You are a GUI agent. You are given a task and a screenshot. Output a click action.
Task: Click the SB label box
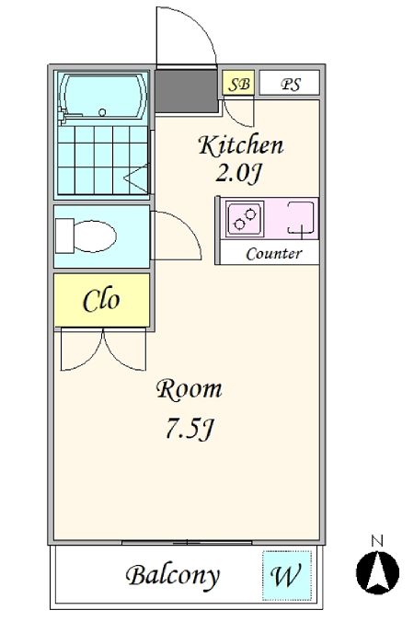coord(238,83)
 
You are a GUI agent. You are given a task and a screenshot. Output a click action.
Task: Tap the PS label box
coord(289,83)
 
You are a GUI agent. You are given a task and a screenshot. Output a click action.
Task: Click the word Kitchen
coord(241,145)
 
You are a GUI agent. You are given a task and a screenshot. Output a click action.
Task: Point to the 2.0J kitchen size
coord(238,174)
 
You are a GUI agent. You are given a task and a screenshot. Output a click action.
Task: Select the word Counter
coord(273,254)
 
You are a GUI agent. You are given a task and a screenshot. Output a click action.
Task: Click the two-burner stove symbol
coord(245,218)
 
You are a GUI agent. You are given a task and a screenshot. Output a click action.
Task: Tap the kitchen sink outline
coord(301,217)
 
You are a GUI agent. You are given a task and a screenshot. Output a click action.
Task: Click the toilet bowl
coord(96,236)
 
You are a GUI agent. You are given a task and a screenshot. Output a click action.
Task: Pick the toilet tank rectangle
coord(64,236)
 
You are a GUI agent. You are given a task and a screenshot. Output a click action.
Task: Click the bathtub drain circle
coord(102,112)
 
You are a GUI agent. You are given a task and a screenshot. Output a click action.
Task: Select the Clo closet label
coord(101,300)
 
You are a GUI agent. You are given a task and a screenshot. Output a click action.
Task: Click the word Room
coord(189,389)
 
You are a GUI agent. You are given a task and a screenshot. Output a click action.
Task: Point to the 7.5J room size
coord(189,429)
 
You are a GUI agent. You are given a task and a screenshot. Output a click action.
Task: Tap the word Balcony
coord(173,576)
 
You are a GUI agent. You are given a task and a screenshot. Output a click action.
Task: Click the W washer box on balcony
coord(287,575)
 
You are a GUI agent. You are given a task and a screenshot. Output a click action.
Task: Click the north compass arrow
coord(378,572)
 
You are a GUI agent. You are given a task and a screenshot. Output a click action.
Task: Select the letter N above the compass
coord(377,541)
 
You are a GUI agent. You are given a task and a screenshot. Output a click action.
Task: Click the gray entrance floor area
coord(187,92)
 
